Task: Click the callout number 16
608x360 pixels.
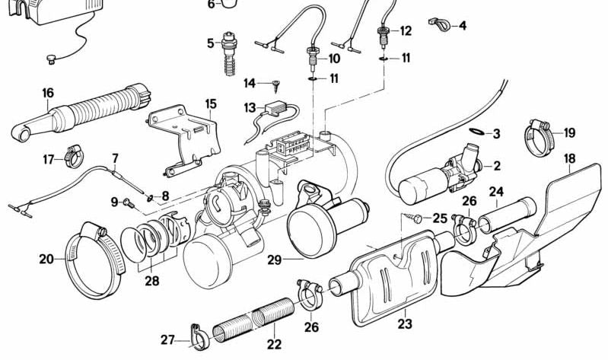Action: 47,93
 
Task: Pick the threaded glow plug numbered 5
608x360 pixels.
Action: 226,53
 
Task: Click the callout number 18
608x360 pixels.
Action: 569,158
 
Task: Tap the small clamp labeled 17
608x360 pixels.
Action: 74,158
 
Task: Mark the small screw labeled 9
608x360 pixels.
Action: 129,203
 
